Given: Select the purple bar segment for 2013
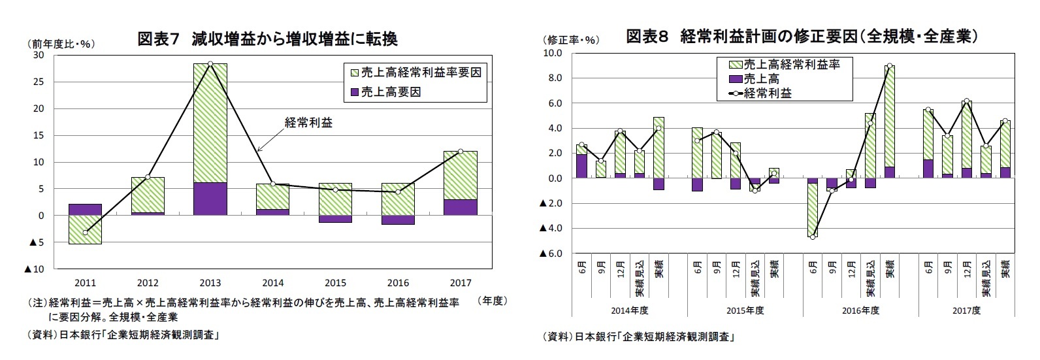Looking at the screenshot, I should (x=210, y=199).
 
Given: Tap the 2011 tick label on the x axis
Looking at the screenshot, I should (x=85, y=283).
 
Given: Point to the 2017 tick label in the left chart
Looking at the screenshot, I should (x=461, y=283).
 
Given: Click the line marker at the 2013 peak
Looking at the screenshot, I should (x=210, y=64).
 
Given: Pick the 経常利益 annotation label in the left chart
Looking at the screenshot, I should (x=308, y=122).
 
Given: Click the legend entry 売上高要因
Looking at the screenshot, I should (x=391, y=92).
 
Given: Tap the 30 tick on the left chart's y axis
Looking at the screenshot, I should (x=39, y=55).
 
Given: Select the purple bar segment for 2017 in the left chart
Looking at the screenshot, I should (x=461, y=207).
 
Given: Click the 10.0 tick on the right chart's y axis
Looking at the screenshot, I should (x=554, y=53).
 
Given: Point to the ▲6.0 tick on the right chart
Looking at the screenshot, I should (x=551, y=254).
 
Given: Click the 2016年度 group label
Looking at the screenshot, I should (x=860, y=310).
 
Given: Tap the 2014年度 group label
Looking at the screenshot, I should (x=630, y=310).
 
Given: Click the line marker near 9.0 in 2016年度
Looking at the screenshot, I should (x=890, y=66).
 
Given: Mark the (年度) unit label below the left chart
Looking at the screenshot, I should (x=493, y=301).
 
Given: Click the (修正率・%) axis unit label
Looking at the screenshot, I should (x=570, y=40).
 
